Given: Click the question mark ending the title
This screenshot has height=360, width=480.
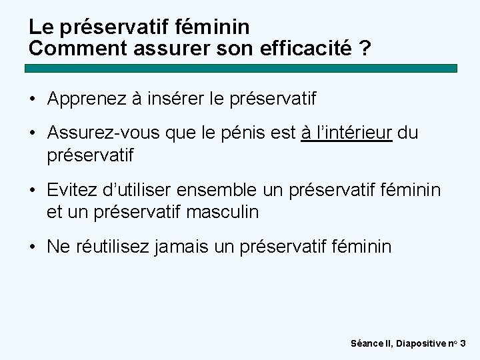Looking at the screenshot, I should pos(365,49).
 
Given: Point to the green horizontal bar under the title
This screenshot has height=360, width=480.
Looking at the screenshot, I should pos(241,68).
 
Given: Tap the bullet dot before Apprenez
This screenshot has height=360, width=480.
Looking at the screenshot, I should pos(33,100).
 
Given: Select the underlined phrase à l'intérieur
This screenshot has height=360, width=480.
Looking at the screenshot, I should pos(347,133).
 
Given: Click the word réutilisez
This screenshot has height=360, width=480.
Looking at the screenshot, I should pos(113,247).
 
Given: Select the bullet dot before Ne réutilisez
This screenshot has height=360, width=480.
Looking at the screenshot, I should pos(33,247).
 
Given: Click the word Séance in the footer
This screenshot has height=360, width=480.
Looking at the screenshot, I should pos(367,343).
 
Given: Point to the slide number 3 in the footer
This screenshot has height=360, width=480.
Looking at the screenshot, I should pos(463,343).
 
